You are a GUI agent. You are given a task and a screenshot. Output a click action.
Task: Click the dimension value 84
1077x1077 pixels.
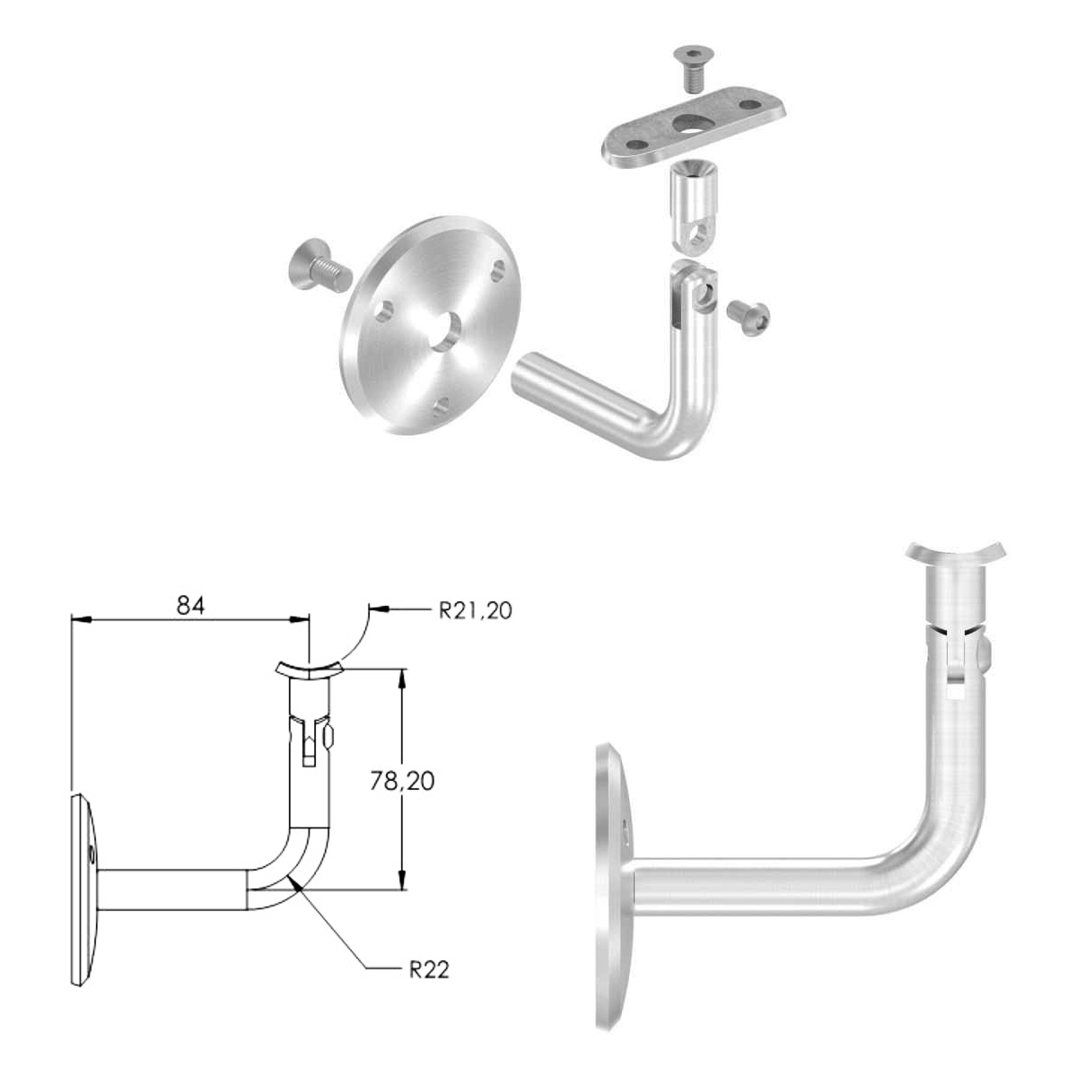[190, 605]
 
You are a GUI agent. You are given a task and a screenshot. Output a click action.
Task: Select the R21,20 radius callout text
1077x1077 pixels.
[475, 611]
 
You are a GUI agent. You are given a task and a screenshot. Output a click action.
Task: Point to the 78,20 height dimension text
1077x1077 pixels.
[402, 781]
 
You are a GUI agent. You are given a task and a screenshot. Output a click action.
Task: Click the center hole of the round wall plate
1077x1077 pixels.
[446, 332]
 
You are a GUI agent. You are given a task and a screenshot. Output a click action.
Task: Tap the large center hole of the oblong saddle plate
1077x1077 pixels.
[690, 125]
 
